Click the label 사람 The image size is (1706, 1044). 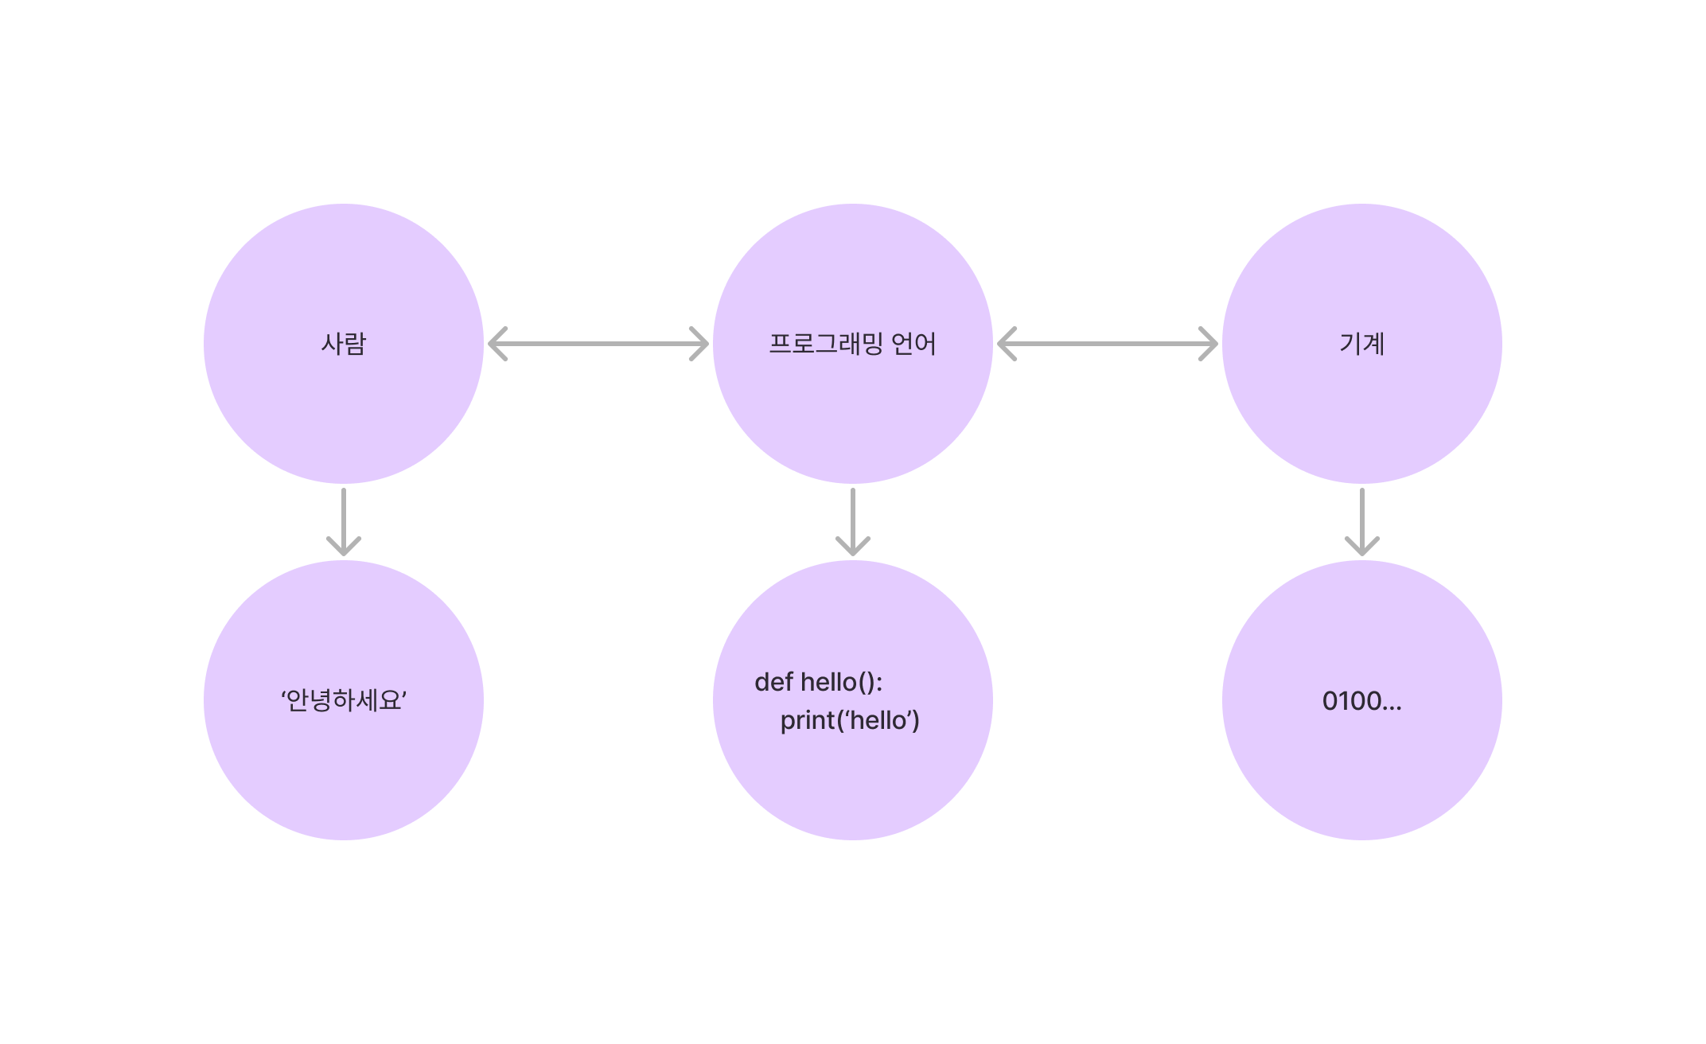point(343,344)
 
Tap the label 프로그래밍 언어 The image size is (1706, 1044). point(852,344)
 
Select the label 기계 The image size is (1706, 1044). point(1361,344)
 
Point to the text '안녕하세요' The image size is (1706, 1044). point(343,700)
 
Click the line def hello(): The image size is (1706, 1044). point(818,682)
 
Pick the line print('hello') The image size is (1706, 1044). point(849,720)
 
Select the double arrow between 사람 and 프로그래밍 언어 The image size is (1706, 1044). point(598,344)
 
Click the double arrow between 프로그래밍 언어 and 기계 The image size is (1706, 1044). point(1107,344)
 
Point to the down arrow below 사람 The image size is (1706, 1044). point(343,521)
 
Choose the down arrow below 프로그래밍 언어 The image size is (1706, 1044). point(852,521)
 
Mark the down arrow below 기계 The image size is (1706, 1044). point(1361,521)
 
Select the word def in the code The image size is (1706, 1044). point(773,682)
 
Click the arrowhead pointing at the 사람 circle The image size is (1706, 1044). point(497,344)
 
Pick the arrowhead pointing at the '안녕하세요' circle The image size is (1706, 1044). point(343,547)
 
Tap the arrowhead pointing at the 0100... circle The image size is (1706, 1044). point(1361,547)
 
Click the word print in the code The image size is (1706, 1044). point(807,721)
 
